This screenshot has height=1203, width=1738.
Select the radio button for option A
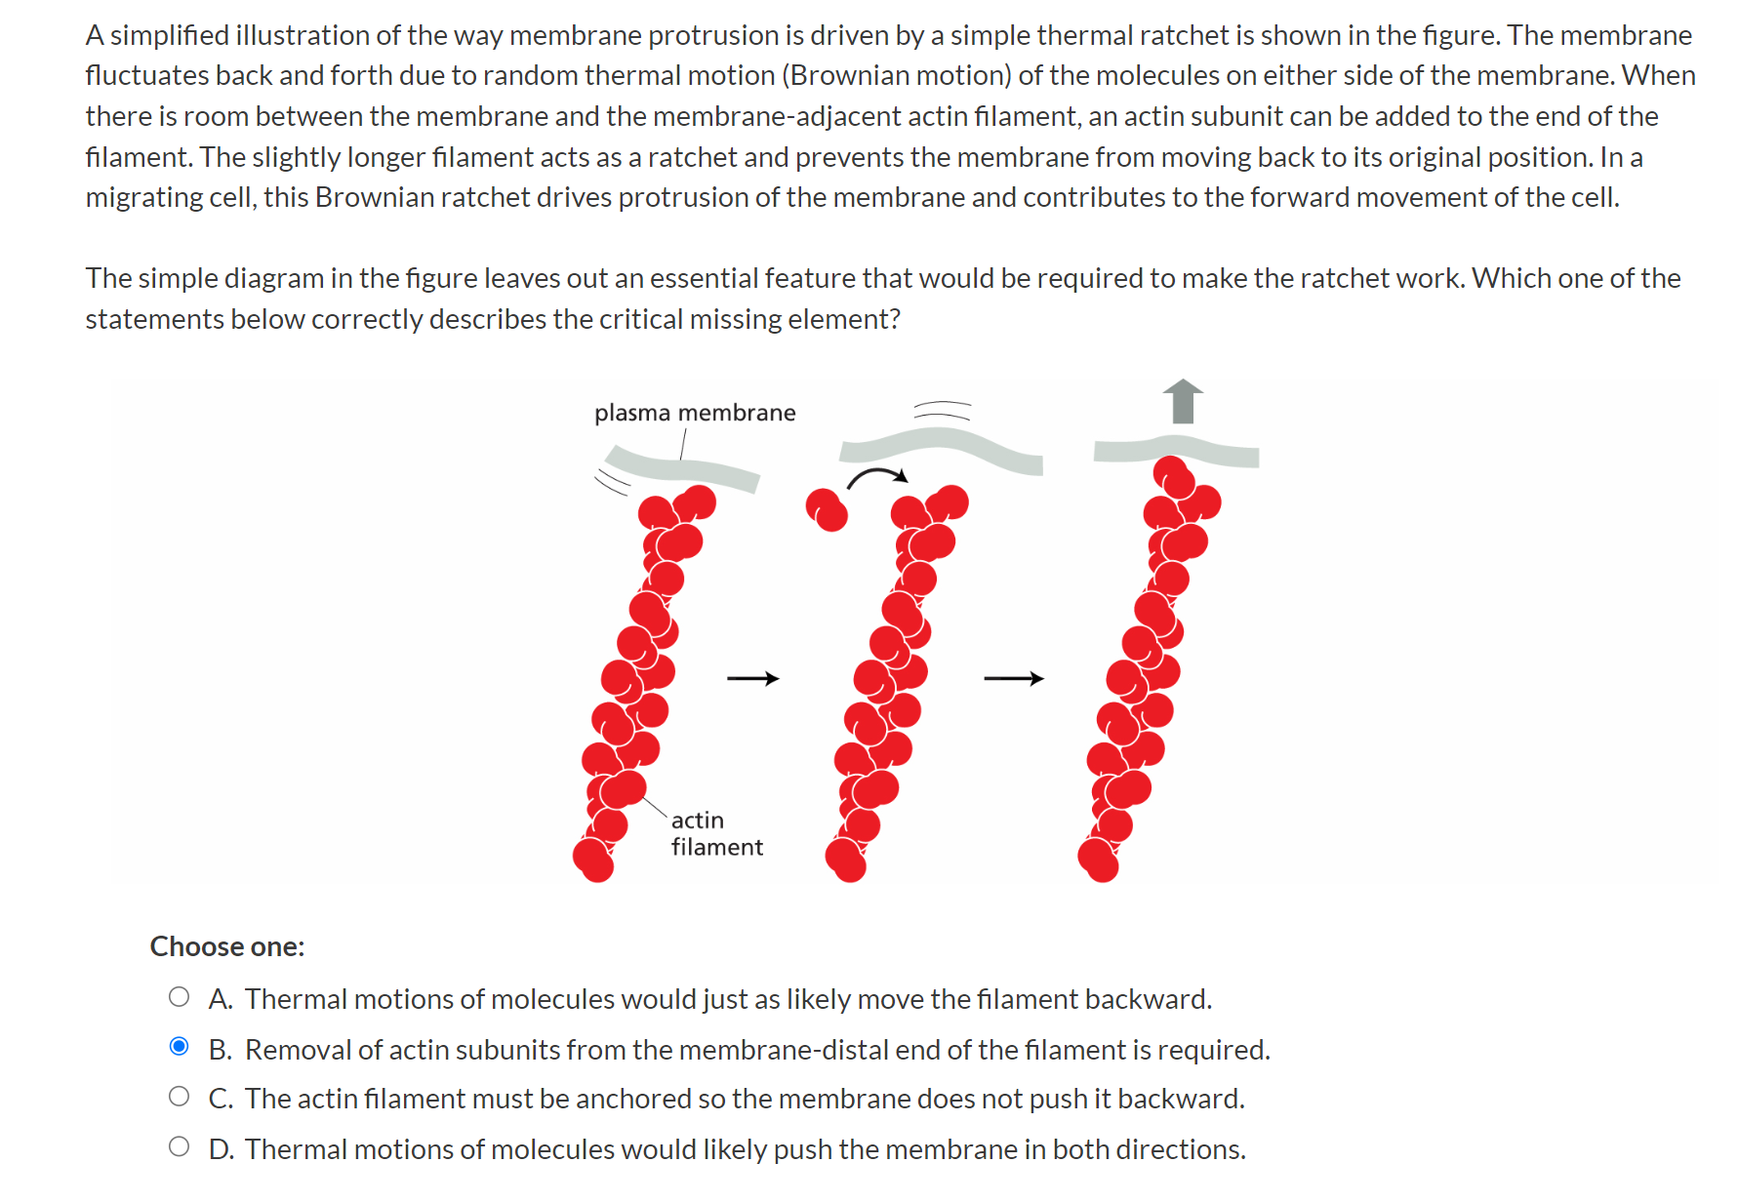point(179,997)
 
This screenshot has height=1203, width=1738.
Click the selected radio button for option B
point(179,1047)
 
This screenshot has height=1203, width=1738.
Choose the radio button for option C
point(179,1097)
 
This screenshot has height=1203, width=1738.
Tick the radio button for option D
point(179,1146)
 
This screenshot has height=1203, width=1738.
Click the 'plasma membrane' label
point(695,413)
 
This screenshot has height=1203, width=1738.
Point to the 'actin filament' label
point(715,833)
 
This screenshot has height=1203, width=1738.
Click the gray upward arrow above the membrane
point(1183,401)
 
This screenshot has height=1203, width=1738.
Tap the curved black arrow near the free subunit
point(876,476)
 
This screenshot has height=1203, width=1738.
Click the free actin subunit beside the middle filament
point(827,509)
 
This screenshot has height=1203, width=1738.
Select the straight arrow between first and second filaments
point(752,678)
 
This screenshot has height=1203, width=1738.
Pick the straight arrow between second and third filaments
point(1013,678)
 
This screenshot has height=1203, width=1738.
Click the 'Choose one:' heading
point(227,946)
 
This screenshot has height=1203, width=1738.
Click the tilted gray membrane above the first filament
point(681,466)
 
